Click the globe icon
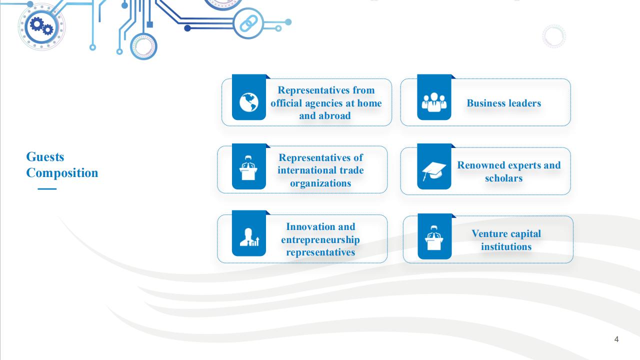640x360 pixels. tap(249, 102)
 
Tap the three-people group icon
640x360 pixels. tap(434, 102)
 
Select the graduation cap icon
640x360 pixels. tap(433, 171)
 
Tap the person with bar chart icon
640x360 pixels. tap(249, 237)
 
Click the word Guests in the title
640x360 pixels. tap(45, 157)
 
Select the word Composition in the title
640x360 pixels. tap(62, 173)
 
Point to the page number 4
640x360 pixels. tap(616, 339)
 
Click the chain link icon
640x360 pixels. tap(248, 23)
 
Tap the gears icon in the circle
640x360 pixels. tap(41, 26)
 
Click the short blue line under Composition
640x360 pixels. tap(47, 189)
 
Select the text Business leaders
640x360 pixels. tap(504, 103)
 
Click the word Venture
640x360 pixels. tap(488, 233)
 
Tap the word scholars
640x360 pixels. tap(504, 178)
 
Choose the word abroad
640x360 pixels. tap(334, 115)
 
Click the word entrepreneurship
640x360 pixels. tap(320, 239)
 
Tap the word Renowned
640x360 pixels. tap(481, 165)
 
